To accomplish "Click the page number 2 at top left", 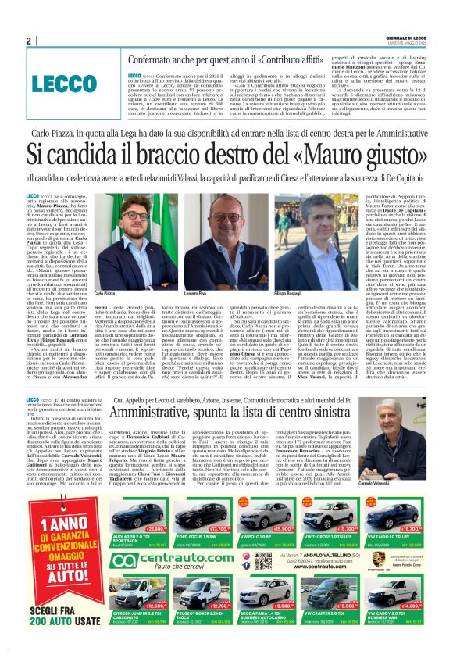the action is click(28, 41).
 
